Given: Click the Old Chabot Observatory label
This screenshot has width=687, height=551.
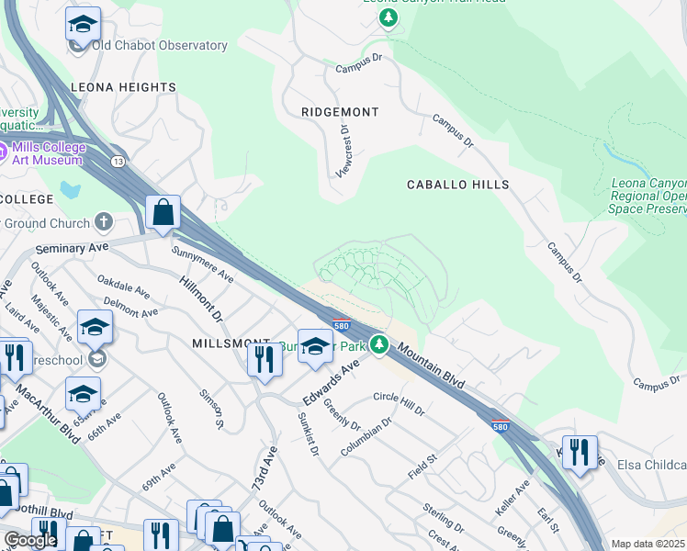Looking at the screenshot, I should click(x=159, y=46).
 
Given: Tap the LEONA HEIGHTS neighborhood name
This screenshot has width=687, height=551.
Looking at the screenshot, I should click(x=123, y=87).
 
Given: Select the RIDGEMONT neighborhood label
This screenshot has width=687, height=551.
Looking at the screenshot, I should click(x=340, y=112).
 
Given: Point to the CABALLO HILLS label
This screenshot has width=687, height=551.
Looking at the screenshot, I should click(x=457, y=185).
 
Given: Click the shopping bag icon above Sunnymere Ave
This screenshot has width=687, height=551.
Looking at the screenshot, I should click(x=163, y=213).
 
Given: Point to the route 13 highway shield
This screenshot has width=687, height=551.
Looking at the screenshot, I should click(x=118, y=162).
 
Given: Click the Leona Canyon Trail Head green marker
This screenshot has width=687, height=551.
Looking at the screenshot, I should click(x=389, y=18).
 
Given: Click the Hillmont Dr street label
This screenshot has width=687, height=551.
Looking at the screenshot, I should click(x=201, y=298).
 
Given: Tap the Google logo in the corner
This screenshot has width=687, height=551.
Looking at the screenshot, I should click(x=30, y=540).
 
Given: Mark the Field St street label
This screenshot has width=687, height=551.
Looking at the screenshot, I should click(x=422, y=468).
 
